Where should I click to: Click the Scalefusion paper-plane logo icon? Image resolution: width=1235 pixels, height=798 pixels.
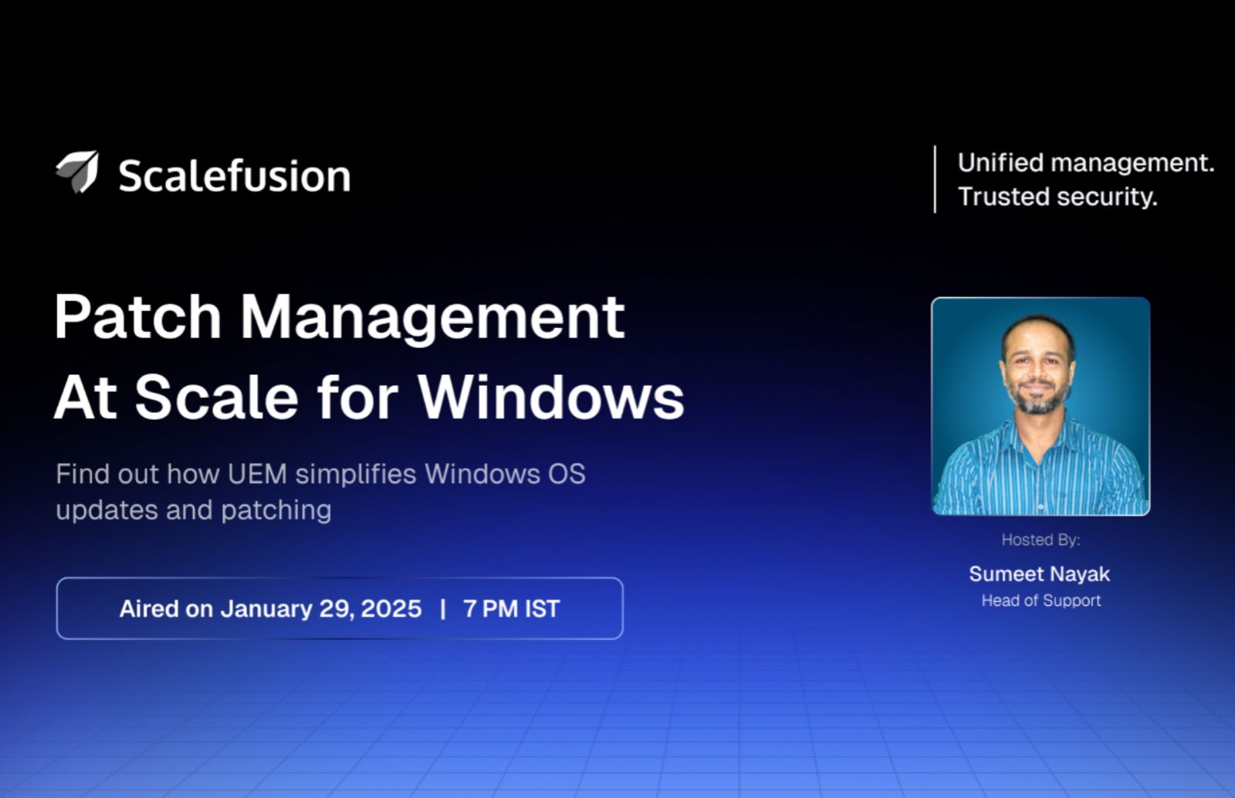tap(78, 171)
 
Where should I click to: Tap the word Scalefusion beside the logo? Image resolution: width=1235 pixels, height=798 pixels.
tap(234, 176)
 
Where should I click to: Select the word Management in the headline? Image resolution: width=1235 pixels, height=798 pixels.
tap(432, 316)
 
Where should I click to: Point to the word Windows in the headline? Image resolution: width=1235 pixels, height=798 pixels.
tap(551, 398)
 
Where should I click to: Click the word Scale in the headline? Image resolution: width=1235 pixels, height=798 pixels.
tap(216, 398)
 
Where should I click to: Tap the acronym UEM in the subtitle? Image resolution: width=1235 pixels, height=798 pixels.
tap(257, 474)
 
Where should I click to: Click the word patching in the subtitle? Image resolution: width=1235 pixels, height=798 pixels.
tap(276, 510)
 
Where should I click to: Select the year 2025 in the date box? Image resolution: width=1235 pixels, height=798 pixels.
tap(391, 609)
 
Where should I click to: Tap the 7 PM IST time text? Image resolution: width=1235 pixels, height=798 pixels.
tap(511, 609)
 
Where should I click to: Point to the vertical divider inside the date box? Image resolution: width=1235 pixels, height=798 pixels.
tap(443, 609)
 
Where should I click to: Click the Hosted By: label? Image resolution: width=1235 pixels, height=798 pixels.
tap(1040, 539)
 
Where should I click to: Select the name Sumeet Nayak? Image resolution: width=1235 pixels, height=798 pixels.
tap(1039, 574)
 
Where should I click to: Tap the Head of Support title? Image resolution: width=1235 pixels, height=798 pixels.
tap(1040, 600)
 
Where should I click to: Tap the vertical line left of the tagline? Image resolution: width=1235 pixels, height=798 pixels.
tap(935, 179)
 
